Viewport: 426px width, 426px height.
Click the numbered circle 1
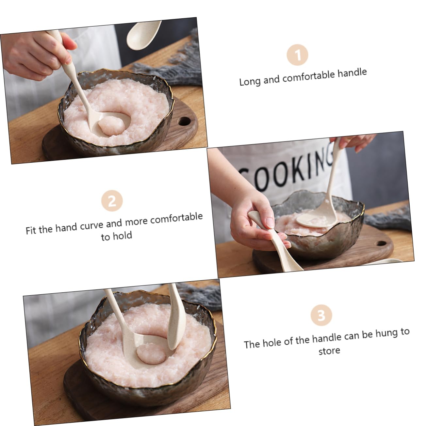pos(297,55)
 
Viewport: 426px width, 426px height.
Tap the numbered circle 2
pos(112,201)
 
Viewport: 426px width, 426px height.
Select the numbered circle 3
pos(321,315)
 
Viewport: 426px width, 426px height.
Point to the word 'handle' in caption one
pos(352,73)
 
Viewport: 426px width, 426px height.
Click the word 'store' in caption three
pos(329,351)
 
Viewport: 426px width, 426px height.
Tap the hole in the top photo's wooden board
pos(185,122)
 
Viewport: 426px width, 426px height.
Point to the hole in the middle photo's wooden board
pos(381,244)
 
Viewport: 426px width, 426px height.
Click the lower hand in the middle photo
pos(252,225)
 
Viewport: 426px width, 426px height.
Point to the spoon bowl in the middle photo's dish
pos(312,218)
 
